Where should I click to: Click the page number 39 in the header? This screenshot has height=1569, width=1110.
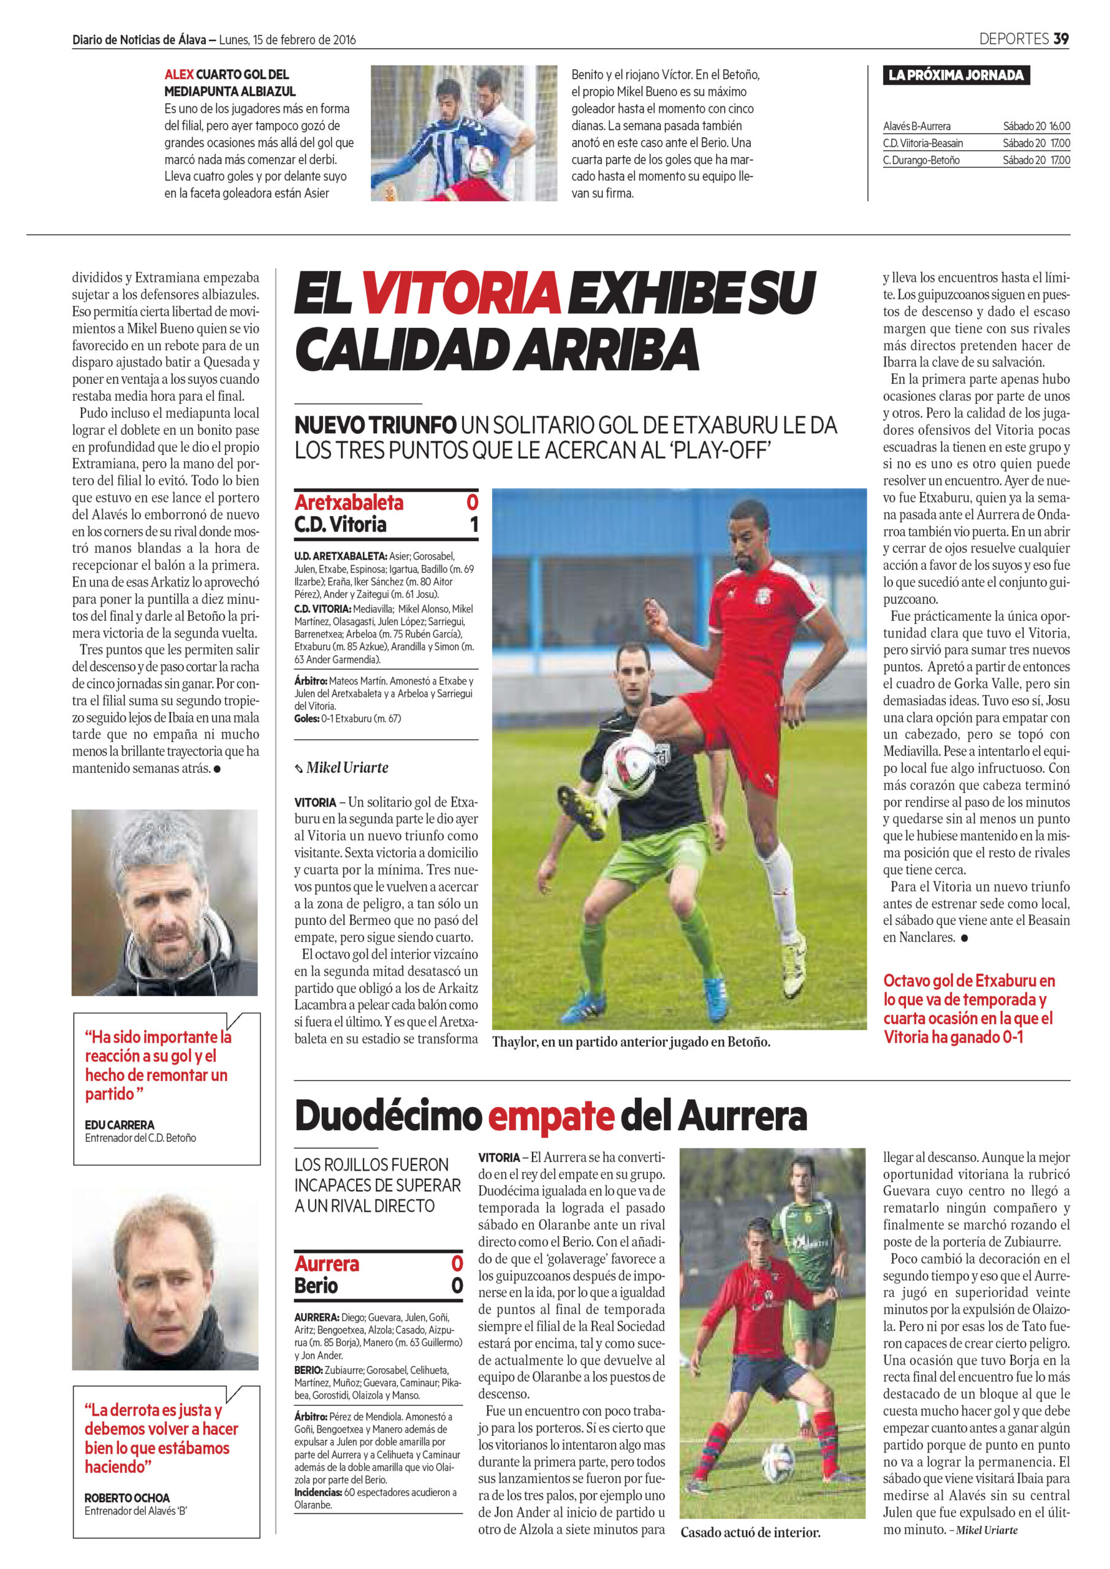point(1060,39)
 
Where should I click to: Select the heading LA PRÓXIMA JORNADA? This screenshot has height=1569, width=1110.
point(956,75)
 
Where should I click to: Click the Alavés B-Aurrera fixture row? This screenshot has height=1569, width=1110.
point(976,126)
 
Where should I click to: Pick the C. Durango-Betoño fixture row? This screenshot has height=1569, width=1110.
point(976,161)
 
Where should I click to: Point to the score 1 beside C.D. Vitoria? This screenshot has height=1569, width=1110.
point(473,525)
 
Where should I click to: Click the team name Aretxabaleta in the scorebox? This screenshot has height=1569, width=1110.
point(349,503)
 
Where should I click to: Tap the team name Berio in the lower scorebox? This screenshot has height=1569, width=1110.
point(316,1286)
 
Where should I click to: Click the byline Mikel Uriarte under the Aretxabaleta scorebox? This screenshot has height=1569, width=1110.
point(346,768)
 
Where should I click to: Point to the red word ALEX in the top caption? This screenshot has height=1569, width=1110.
point(178,75)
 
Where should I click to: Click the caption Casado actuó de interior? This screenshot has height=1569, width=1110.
point(750,1533)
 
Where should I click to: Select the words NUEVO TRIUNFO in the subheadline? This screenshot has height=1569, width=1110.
point(375,425)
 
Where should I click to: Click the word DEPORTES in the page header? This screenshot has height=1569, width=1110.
point(1013,39)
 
